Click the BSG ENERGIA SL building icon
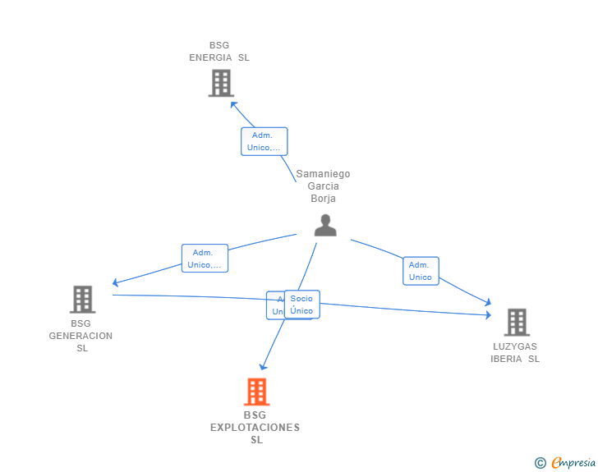(x=220, y=83)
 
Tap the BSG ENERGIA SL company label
(x=219, y=52)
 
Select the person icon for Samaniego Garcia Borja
(x=325, y=225)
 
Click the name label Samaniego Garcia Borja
(x=323, y=186)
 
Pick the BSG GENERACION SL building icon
(x=82, y=300)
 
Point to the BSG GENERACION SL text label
(x=80, y=336)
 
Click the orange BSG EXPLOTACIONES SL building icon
(x=256, y=392)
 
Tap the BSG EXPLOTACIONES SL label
(x=255, y=428)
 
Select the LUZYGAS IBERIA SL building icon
(x=516, y=322)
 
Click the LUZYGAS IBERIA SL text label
(x=515, y=352)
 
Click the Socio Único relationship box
(x=301, y=305)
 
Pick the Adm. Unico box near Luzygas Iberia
(x=421, y=271)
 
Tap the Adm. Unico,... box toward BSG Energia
(x=264, y=141)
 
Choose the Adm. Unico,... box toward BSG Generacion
(x=205, y=259)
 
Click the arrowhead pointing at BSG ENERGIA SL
(x=233, y=103)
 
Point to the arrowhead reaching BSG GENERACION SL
(x=116, y=283)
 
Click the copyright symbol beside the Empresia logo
(x=540, y=463)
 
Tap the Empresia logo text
(x=573, y=463)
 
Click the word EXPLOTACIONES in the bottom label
(x=255, y=428)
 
